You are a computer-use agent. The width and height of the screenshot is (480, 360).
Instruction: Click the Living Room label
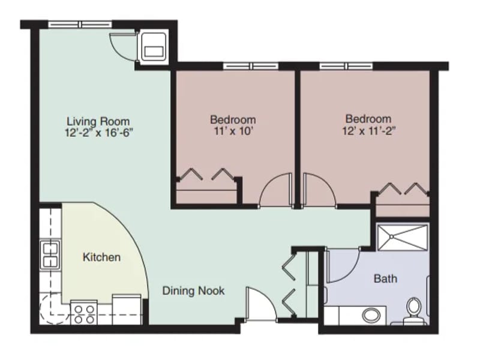pos(98,121)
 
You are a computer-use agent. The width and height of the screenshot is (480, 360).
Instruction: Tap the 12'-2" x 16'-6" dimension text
pos(99,133)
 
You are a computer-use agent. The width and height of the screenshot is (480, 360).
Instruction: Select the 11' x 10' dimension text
pos(233,131)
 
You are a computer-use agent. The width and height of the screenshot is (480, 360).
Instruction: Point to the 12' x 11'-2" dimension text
pos(369,131)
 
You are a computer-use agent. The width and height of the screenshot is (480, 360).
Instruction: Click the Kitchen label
pos(101,257)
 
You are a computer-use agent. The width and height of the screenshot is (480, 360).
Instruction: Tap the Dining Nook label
pos(193,290)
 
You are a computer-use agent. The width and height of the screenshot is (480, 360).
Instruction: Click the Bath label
pos(386,278)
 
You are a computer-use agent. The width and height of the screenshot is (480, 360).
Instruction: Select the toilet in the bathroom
pos(414,310)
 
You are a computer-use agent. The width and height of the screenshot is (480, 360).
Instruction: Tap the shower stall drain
pos(392,236)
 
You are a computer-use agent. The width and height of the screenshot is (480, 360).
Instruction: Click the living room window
pos(80,25)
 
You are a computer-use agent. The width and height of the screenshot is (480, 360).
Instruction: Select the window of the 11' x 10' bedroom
pos(251,66)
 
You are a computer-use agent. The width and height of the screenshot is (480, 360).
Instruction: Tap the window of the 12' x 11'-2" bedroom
pos(346,66)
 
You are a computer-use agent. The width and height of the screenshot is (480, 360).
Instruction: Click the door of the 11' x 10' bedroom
pos(276,190)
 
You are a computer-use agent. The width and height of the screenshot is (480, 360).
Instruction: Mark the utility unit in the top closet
pos(154,47)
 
